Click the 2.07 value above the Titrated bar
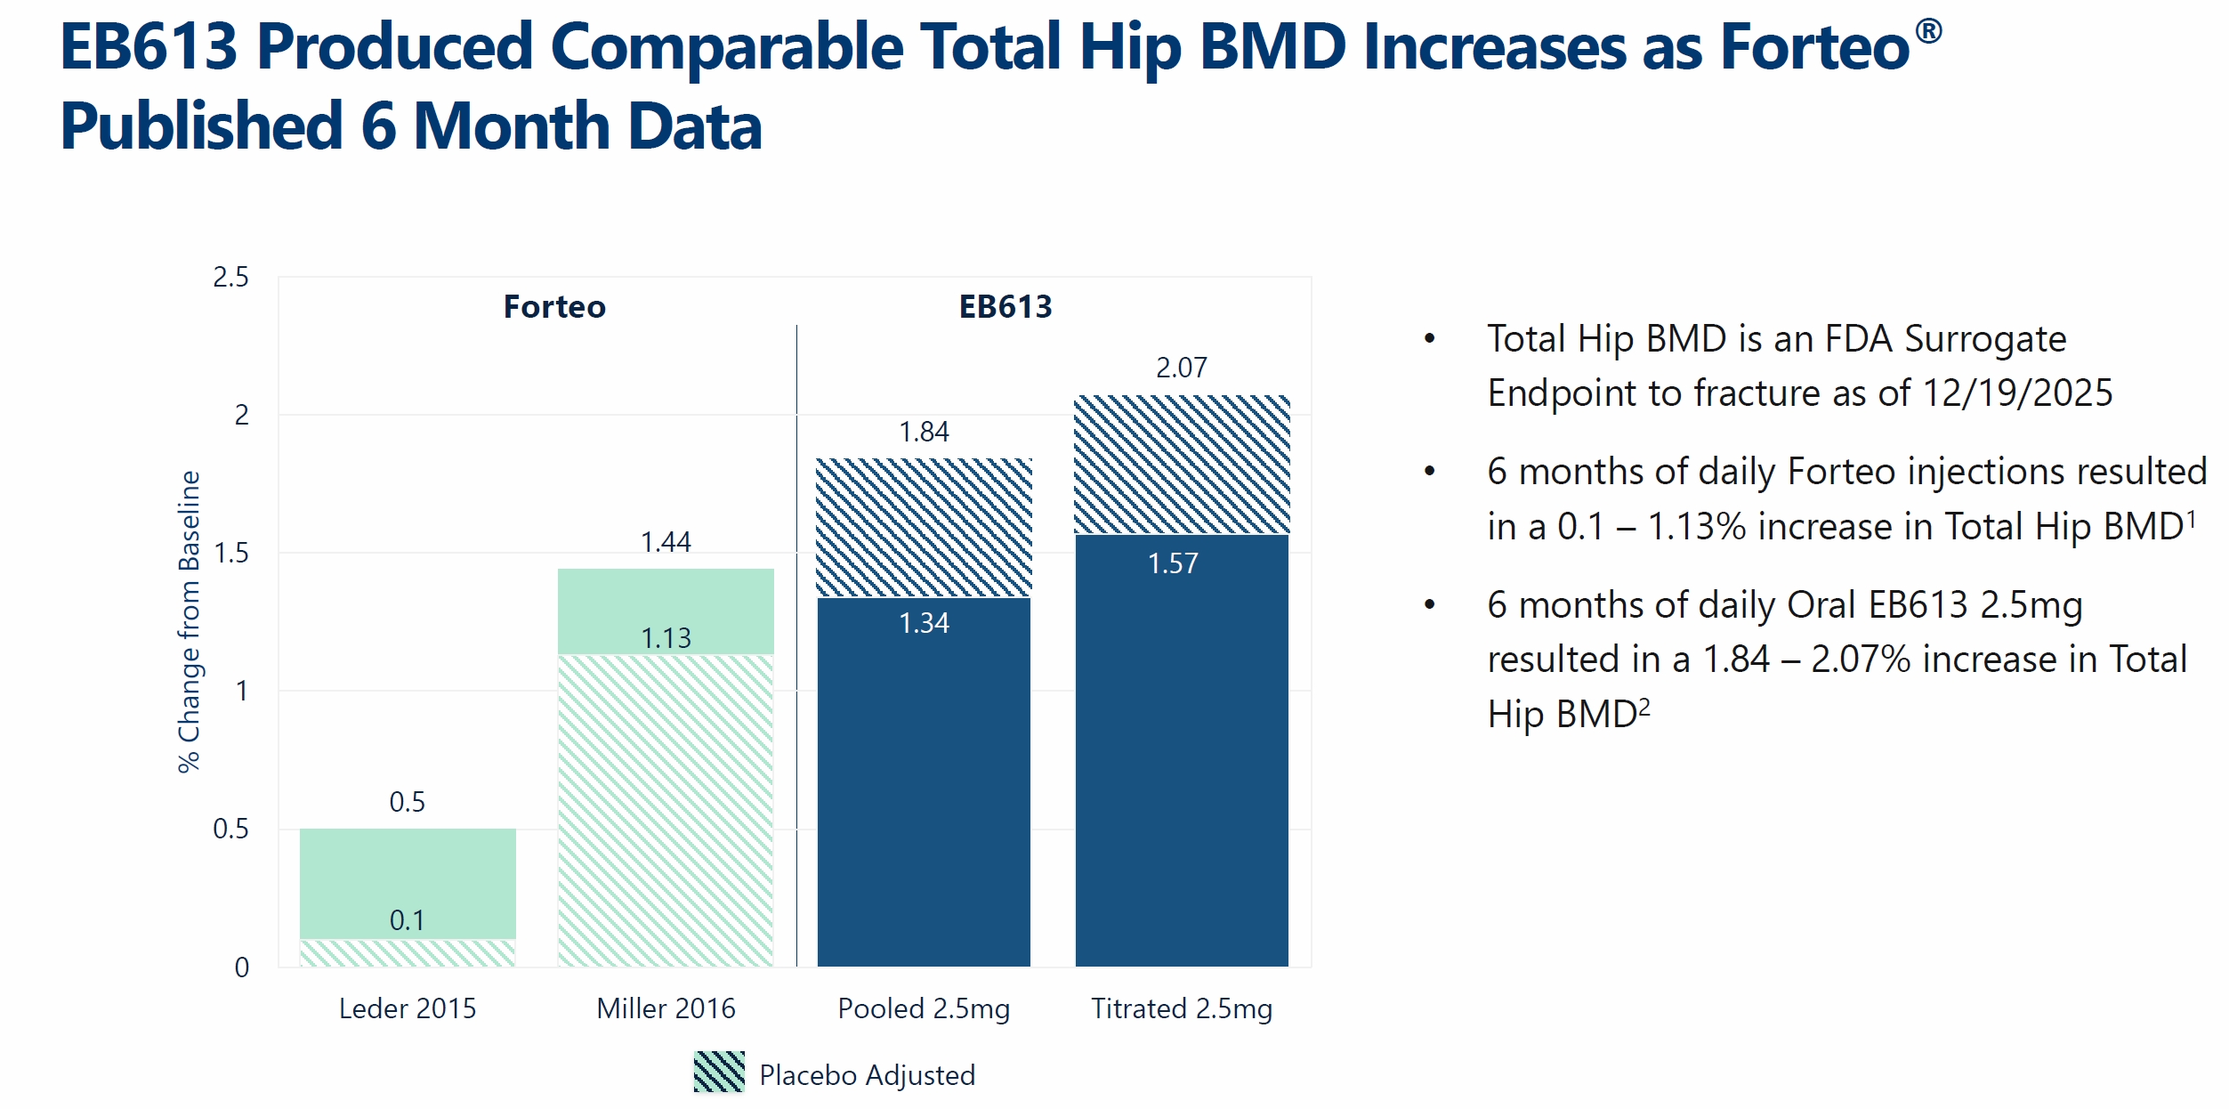pyautogui.click(x=1181, y=368)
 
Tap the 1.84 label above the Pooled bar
pyautogui.click(x=924, y=432)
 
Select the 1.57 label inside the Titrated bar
pyautogui.click(x=1173, y=563)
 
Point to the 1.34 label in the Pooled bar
pyautogui.click(x=924, y=623)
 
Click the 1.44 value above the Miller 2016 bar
pyautogui.click(x=666, y=541)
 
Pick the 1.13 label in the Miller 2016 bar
pyautogui.click(x=666, y=638)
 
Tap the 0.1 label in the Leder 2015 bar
pyautogui.click(x=407, y=920)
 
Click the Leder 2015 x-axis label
pyautogui.click(x=408, y=1008)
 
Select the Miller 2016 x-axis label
pyautogui.click(x=666, y=1008)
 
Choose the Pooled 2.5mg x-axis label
pyautogui.click(x=924, y=1008)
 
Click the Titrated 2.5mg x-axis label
pyautogui.click(x=1182, y=1008)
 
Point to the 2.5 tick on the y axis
pyautogui.click(x=230, y=278)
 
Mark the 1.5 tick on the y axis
pyautogui.click(x=230, y=554)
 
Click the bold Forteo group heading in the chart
pyautogui.click(x=554, y=307)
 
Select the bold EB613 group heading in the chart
pyautogui.click(x=1005, y=307)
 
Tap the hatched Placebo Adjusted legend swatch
pyautogui.click(x=719, y=1072)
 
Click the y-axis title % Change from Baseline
pyautogui.click(x=189, y=621)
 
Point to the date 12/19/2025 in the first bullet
pyautogui.click(x=2017, y=393)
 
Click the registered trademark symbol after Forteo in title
pyautogui.click(x=1928, y=31)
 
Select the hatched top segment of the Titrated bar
pyautogui.click(x=1182, y=465)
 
